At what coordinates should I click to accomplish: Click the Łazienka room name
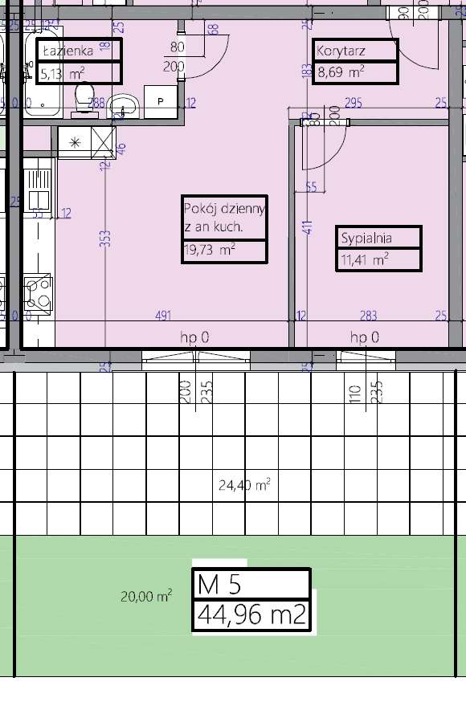[67, 51]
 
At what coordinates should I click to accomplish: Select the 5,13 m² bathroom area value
[63, 73]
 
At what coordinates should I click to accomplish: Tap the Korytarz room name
[341, 51]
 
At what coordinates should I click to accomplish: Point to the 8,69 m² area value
[341, 72]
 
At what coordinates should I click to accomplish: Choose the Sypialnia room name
[366, 238]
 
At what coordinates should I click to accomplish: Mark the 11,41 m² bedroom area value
[365, 259]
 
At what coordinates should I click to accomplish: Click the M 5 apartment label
[219, 584]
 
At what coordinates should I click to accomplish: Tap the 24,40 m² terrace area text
[244, 484]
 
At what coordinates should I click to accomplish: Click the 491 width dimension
[163, 316]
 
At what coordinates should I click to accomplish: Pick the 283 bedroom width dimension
[368, 316]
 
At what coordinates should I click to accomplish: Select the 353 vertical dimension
[105, 239]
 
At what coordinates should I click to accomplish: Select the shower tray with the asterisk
[87, 142]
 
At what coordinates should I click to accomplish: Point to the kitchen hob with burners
[38, 291]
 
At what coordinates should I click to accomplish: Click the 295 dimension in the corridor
[354, 103]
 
